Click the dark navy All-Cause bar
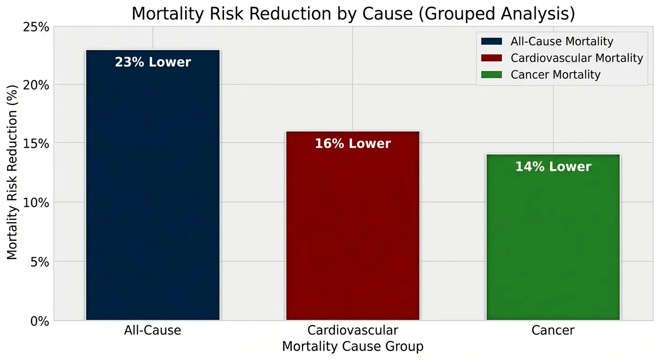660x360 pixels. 153,187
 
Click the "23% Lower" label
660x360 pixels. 153,62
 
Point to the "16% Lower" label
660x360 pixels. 352,143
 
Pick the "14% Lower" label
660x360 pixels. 553,166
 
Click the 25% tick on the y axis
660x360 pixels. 36,27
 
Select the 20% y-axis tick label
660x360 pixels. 36,85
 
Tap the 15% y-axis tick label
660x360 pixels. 36,144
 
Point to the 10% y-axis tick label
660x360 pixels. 36,203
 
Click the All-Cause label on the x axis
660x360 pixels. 153,330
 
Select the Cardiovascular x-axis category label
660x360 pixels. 352,330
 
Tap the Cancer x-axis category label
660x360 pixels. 553,330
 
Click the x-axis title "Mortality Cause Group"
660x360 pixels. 352,346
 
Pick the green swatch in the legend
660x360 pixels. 491,74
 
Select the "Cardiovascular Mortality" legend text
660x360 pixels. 577,58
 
